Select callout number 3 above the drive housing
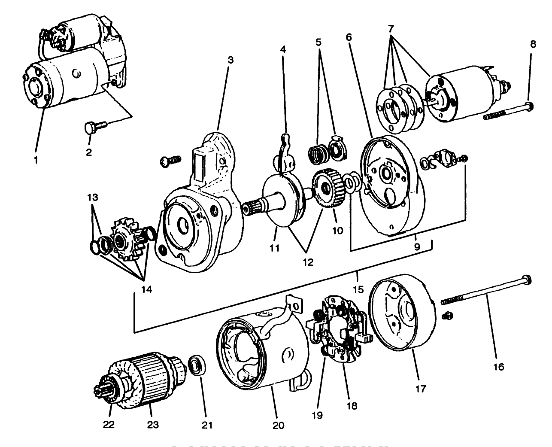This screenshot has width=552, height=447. pyautogui.click(x=230, y=60)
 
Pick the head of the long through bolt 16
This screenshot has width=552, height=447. pyautogui.click(x=527, y=280)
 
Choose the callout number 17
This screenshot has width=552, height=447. pyautogui.click(x=421, y=389)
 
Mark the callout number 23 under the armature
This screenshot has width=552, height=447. pyautogui.click(x=153, y=425)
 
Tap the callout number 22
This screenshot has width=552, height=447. pyautogui.click(x=109, y=425)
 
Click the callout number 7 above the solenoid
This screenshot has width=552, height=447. pyautogui.click(x=391, y=30)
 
